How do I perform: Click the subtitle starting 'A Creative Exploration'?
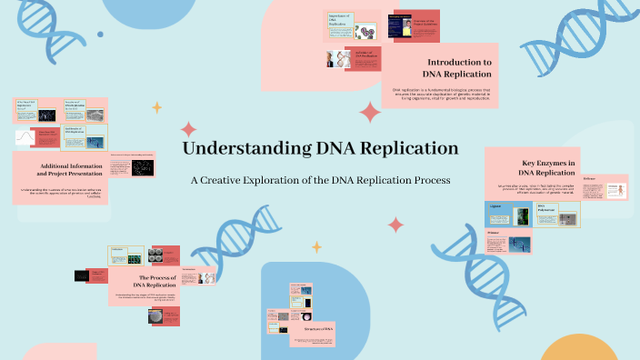point(320,180)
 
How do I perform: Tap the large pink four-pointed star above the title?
point(370,113)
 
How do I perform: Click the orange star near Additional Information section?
point(156,107)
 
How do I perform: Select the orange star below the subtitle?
point(317,246)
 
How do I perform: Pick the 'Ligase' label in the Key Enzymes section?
point(496,208)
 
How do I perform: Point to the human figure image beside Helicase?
point(616,191)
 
